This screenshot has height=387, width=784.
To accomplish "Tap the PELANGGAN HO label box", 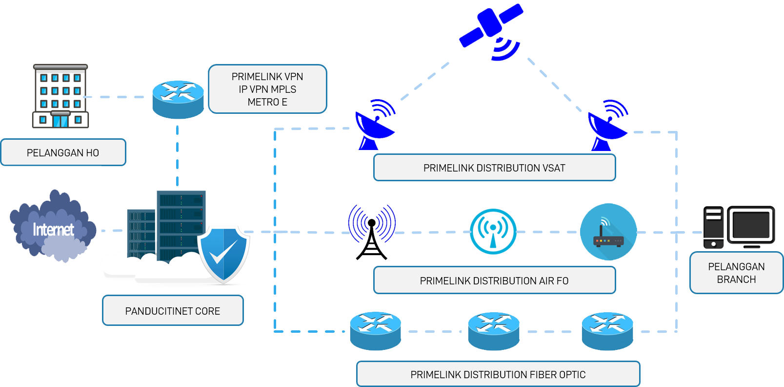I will [x=63, y=152].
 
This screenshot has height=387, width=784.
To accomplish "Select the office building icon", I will [x=60, y=96].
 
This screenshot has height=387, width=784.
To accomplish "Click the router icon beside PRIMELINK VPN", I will [x=178, y=100].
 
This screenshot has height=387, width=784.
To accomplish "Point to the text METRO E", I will [x=267, y=102].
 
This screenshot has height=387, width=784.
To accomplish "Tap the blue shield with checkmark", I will [x=224, y=254].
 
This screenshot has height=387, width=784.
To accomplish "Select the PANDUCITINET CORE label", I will [x=173, y=311].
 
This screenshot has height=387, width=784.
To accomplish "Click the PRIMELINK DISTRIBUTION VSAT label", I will [x=494, y=168].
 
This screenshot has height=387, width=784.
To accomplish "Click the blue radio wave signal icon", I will [x=372, y=224].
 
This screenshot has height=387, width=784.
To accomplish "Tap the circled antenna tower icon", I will [x=493, y=232].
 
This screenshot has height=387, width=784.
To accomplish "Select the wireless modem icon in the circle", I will [x=608, y=232].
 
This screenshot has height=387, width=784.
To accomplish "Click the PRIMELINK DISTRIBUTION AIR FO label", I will [x=494, y=280].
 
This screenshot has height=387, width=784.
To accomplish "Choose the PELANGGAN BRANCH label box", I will [x=736, y=273].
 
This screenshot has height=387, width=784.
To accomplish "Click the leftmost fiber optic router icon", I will [x=376, y=331].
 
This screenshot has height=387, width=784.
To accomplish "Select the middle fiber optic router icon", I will [x=494, y=331].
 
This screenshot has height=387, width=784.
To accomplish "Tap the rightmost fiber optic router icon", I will [x=608, y=331].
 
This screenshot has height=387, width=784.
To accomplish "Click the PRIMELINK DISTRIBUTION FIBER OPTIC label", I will [x=498, y=374].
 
